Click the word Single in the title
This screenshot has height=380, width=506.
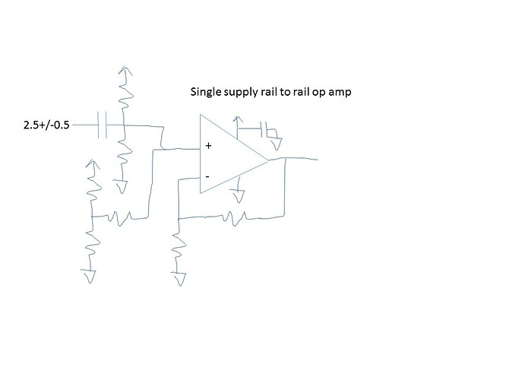[x=204, y=93]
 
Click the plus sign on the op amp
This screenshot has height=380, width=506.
[x=208, y=145]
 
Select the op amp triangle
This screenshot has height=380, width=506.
[x=228, y=156]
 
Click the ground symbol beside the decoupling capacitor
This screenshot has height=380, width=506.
[x=279, y=141]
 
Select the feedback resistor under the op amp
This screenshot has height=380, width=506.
[x=232, y=218]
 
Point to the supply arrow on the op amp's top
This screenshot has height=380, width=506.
[x=239, y=120]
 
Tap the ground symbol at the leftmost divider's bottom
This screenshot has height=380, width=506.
[x=90, y=276]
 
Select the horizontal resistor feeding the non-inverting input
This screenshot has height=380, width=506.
[x=122, y=217]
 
